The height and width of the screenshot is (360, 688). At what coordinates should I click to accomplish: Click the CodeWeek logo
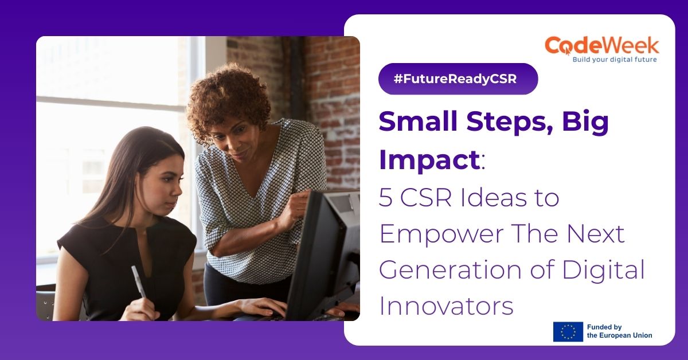[x=601, y=46]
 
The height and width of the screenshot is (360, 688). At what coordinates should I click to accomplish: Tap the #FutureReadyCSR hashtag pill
[x=458, y=79]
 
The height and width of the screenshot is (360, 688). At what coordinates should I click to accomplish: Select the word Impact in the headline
[x=429, y=161]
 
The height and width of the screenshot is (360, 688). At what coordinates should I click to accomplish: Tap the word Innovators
[x=446, y=306]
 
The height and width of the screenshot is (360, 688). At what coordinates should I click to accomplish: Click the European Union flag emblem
[x=568, y=331]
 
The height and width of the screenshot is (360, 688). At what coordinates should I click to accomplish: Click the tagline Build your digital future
[x=615, y=59]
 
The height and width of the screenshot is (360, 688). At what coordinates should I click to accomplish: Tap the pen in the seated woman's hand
[x=138, y=281]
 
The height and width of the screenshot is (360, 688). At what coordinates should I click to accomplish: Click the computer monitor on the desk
[x=324, y=252]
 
